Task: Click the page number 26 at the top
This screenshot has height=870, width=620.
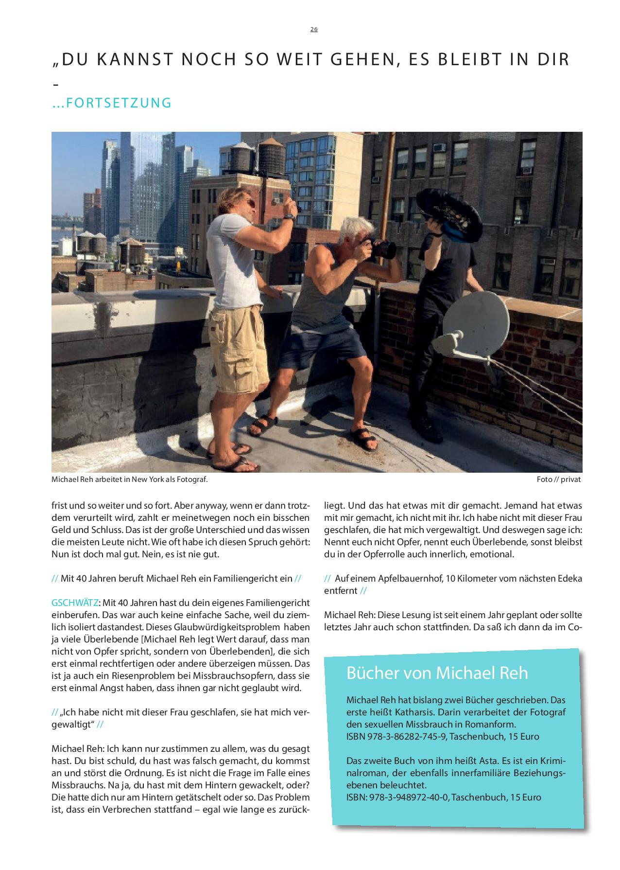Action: click(314, 29)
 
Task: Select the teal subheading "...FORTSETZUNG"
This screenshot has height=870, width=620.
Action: click(112, 103)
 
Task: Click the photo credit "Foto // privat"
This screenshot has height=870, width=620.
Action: click(558, 479)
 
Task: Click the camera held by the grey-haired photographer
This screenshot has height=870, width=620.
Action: click(384, 249)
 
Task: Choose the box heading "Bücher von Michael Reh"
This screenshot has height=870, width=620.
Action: click(437, 673)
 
